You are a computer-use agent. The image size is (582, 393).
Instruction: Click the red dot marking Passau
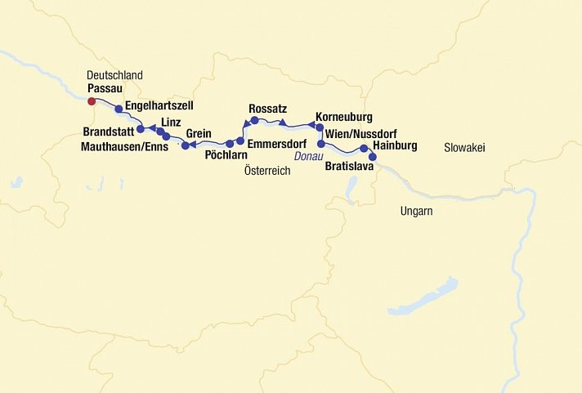click(92, 101)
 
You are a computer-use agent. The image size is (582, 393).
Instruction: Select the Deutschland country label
click(114, 75)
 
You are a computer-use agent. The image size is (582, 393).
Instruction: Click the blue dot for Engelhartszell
click(119, 109)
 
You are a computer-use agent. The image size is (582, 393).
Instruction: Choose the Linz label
click(171, 122)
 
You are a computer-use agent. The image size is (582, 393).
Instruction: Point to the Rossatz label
click(268, 109)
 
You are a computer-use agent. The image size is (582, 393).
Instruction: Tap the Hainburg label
click(394, 145)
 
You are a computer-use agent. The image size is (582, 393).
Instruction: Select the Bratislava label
click(349, 166)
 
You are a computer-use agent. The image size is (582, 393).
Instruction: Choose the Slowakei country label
click(466, 147)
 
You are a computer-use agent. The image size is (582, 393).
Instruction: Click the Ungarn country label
click(416, 211)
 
